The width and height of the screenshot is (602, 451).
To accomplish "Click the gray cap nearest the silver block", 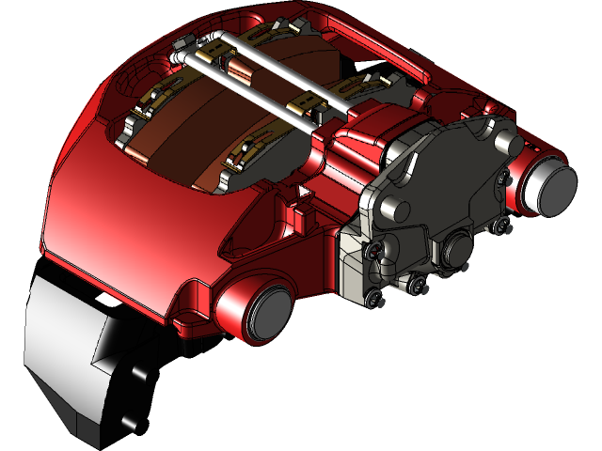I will pos(266,313).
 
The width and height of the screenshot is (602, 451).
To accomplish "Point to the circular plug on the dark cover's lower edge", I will pos(458,249).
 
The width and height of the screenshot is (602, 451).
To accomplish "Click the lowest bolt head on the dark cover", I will pos(376,300).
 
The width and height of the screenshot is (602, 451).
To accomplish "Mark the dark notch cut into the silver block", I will pos(105,352).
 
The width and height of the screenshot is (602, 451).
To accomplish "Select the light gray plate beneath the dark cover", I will pos(353,268).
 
